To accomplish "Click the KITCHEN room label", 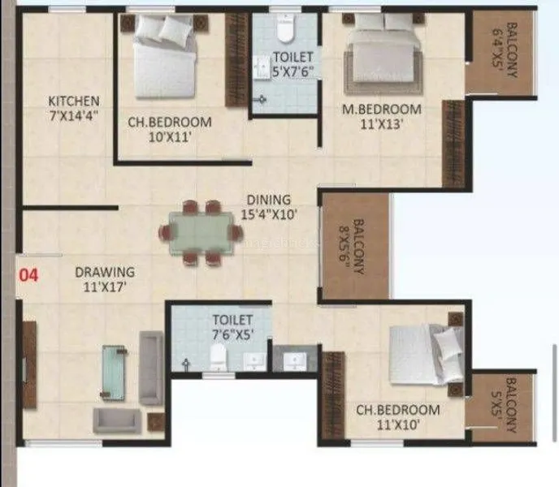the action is coord(74,101).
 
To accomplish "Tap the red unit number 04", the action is coord(28,275).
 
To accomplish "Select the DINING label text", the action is coord(269,200).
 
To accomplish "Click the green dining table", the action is coord(201,233).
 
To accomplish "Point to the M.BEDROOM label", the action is coord(382,110).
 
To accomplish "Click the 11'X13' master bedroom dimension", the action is coord(382,124).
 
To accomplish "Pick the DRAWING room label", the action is coord(105,272).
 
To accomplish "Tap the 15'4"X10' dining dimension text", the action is coord(269,214).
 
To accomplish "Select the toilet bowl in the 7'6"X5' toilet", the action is coord(218,357).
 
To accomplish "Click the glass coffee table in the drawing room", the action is coord(114,373).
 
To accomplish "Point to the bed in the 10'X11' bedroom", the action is coord(165,57).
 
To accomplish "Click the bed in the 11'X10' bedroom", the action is coord(427,356).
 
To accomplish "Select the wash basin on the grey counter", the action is coord(294,361).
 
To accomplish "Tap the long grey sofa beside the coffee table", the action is coord(151,368).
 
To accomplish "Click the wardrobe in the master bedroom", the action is coord(453,143).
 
